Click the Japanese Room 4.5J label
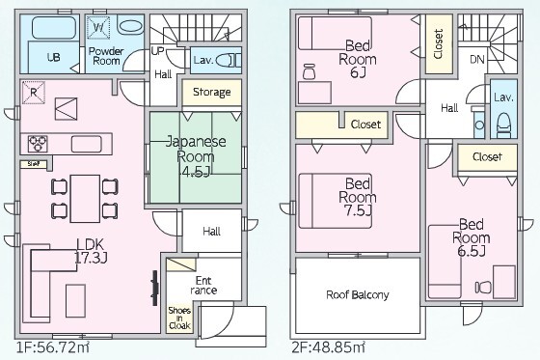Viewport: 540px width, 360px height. (196, 156)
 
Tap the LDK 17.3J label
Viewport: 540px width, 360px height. (91, 251)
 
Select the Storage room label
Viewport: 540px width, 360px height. (212, 92)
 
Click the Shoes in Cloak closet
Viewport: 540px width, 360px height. (179, 318)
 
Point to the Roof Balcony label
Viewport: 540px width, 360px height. (358, 294)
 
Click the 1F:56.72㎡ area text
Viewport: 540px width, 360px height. (53, 347)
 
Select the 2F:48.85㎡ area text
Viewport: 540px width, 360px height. (329, 347)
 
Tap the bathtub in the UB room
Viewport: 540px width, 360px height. (54, 28)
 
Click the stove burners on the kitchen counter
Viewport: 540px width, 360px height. (38, 144)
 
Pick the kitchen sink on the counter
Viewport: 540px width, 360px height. (87, 144)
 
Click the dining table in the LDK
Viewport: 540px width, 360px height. (85, 199)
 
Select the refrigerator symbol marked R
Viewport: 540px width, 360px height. (34, 93)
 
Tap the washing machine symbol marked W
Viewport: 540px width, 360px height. (98, 28)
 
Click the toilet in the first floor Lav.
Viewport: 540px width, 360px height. (228, 61)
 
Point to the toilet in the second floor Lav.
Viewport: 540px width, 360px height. (503, 125)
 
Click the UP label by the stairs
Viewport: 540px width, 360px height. (157, 52)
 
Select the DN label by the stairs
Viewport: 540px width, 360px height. (477, 60)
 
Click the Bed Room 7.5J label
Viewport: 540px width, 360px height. (358, 197)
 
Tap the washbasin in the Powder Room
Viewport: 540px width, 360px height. (130, 27)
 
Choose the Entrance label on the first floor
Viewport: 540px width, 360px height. (203, 285)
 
